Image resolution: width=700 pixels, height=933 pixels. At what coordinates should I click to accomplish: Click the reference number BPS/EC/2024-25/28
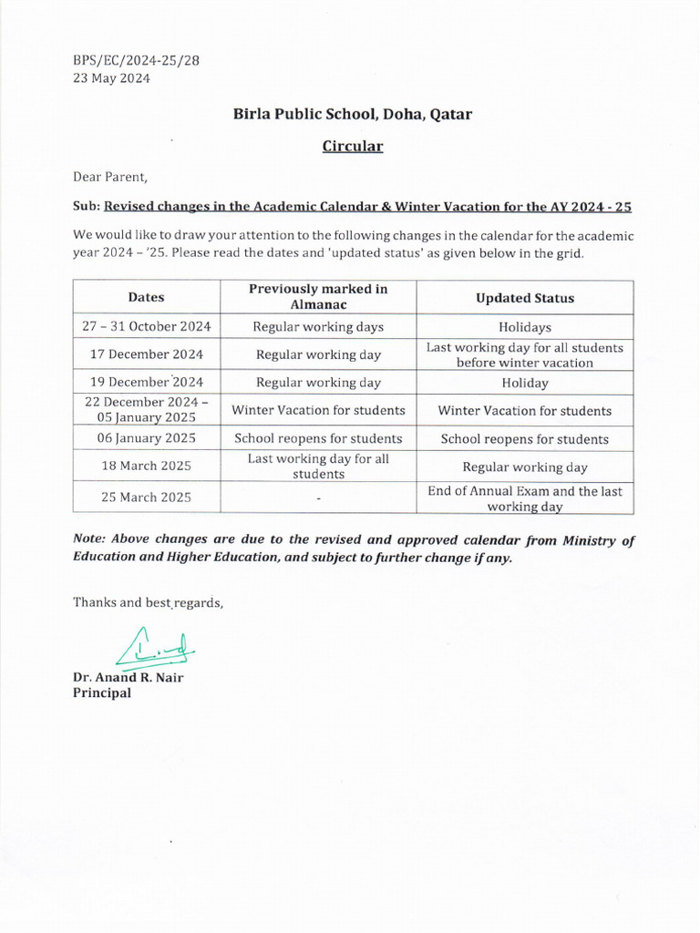(x=136, y=60)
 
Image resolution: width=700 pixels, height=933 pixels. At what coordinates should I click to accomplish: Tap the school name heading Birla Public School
(x=353, y=114)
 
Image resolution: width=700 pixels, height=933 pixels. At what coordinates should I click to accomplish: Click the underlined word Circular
(x=353, y=146)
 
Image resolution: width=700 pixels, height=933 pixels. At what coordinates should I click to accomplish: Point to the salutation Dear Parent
(x=109, y=176)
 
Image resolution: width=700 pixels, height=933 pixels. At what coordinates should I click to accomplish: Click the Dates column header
(x=146, y=297)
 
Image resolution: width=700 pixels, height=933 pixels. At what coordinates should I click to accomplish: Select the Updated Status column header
(x=525, y=298)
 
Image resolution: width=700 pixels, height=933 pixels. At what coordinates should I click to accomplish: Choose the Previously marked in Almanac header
(x=318, y=297)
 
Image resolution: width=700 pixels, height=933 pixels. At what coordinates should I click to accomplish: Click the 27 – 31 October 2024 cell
(x=146, y=326)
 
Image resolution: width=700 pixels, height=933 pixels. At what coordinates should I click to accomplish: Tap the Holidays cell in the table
(x=525, y=326)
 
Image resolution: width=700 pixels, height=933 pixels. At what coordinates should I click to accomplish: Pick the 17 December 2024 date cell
(x=146, y=354)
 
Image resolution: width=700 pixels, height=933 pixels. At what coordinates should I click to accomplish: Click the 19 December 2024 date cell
(x=146, y=383)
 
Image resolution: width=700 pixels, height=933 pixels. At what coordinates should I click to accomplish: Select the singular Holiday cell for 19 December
(x=525, y=383)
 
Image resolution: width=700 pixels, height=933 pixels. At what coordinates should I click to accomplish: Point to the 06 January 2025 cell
(x=146, y=438)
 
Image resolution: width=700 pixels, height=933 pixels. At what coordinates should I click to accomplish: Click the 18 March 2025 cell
(x=146, y=466)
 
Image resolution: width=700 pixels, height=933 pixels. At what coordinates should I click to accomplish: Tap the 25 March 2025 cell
(x=146, y=498)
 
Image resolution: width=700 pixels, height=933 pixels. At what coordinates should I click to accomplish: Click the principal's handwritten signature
(x=156, y=649)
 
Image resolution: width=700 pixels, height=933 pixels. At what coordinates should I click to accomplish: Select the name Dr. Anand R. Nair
(x=128, y=677)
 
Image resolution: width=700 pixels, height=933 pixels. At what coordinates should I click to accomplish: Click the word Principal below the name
(x=102, y=693)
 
